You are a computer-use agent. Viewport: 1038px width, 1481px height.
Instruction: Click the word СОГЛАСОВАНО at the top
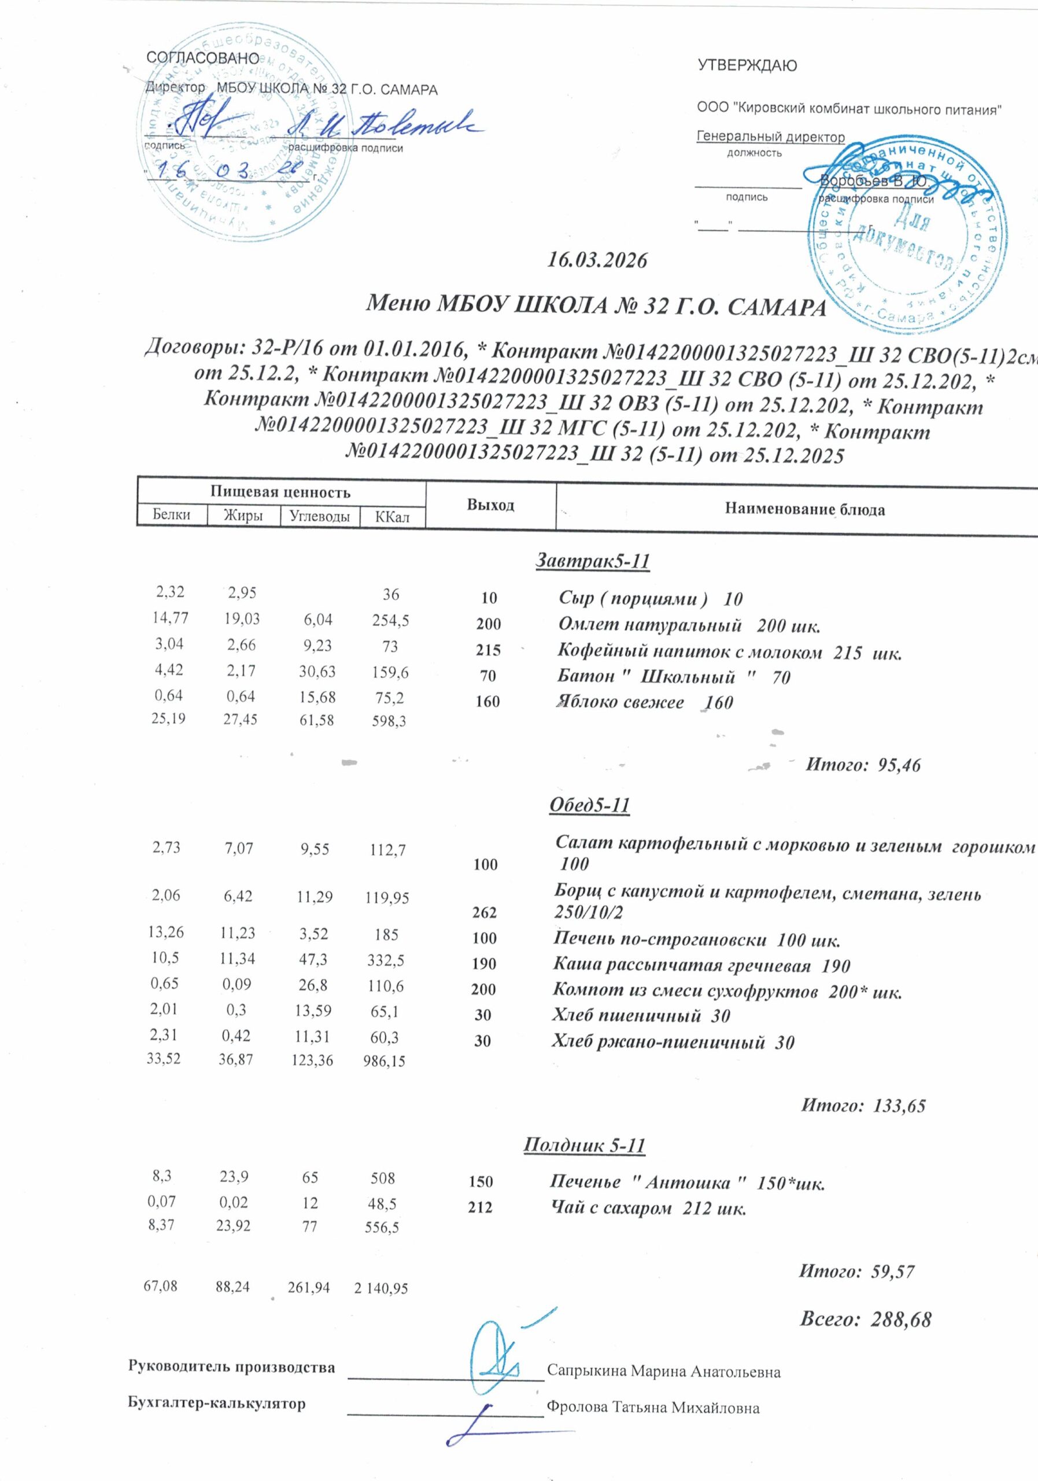202,58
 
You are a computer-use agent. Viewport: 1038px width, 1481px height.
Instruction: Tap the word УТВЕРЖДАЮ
747,66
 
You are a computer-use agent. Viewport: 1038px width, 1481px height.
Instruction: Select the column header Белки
172,515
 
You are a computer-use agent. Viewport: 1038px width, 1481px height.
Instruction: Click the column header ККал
392,517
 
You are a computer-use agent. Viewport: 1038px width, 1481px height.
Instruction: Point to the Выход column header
490,504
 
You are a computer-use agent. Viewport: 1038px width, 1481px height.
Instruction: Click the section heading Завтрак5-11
593,561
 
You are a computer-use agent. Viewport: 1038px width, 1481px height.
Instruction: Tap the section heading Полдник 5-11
583,1145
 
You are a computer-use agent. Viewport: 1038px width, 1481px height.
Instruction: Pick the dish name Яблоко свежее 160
645,702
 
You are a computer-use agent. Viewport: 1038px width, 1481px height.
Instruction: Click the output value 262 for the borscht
484,912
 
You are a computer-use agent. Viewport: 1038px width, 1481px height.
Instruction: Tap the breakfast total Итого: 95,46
863,765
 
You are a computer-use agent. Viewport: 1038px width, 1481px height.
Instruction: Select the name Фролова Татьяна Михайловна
652,1408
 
